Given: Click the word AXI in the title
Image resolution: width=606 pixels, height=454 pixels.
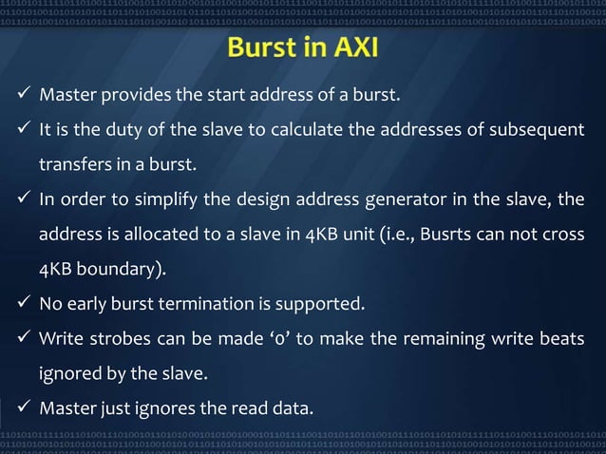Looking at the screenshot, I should [350, 47].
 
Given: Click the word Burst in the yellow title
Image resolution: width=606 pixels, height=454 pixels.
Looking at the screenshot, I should [262, 47].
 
